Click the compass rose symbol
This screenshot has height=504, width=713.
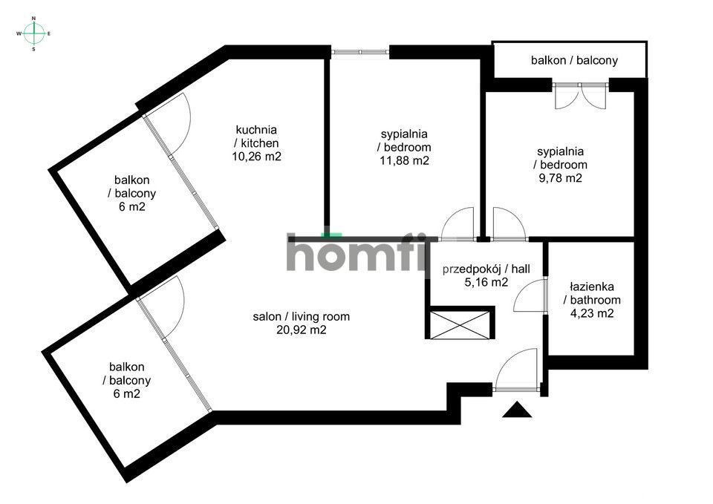click(x=33, y=33)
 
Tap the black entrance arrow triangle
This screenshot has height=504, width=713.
click(x=517, y=410)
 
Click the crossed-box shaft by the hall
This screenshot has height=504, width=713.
click(x=460, y=325)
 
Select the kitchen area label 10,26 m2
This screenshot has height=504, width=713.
click(x=256, y=157)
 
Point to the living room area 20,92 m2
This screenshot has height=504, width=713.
click(x=302, y=330)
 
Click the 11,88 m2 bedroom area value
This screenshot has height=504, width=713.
click(x=404, y=161)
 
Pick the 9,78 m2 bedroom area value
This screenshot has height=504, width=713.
click(x=560, y=178)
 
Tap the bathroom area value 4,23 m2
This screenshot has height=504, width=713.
click(x=592, y=313)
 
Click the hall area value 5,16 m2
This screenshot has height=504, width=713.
click(x=486, y=282)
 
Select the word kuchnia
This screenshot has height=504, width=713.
click(x=256, y=130)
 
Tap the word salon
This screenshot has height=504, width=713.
click(x=266, y=317)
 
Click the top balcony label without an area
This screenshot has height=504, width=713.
click(x=574, y=60)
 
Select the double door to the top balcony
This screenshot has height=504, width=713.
click(x=581, y=96)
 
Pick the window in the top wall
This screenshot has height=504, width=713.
click(x=360, y=52)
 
